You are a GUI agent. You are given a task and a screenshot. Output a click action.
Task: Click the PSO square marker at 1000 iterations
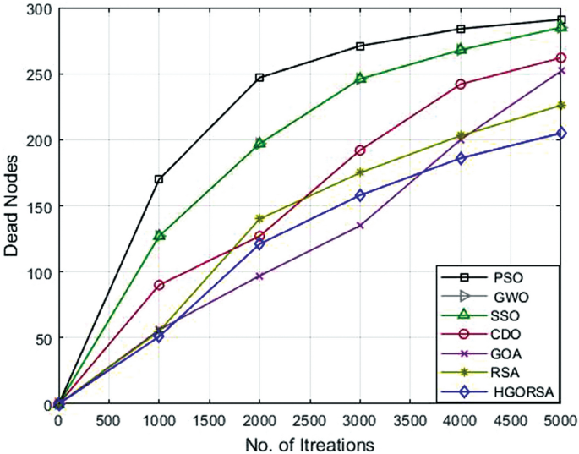tap(159, 179)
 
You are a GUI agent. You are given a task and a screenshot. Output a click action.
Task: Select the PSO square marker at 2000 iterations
tap(259, 78)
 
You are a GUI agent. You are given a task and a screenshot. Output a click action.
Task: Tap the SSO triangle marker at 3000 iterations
tap(360, 79)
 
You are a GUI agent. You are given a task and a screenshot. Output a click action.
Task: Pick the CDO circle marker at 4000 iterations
tap(461, 85)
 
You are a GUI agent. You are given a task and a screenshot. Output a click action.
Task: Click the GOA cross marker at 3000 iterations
tap(360, 226)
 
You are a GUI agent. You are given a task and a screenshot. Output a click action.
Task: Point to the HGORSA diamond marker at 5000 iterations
tap(561, 134)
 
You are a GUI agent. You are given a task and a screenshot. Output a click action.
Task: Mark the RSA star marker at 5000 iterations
tap(561, 106)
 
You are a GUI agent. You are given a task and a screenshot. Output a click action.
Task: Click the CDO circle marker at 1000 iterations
tap(159, 285)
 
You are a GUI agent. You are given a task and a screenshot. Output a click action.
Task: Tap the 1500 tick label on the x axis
tap(210, 421)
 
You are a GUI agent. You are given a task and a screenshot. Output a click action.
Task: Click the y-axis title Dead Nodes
tap(13, 205)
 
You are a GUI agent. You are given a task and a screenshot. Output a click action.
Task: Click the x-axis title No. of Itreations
tap(310, 442)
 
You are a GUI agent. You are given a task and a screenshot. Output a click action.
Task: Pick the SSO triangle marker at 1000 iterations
tap(159, 235)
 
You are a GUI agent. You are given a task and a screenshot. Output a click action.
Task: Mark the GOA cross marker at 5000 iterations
tap(561, 71)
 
